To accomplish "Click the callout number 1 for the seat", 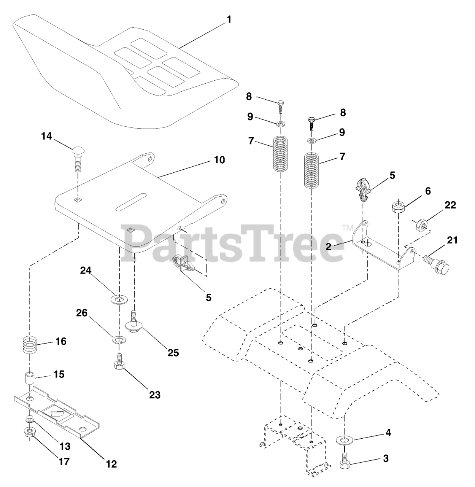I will tap(229, 19).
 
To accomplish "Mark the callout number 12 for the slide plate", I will tap(111, 464).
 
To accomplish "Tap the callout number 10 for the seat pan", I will tap(219, 160).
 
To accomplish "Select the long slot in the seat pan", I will tap(131, 201).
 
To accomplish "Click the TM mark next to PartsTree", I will tap(347, 228).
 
